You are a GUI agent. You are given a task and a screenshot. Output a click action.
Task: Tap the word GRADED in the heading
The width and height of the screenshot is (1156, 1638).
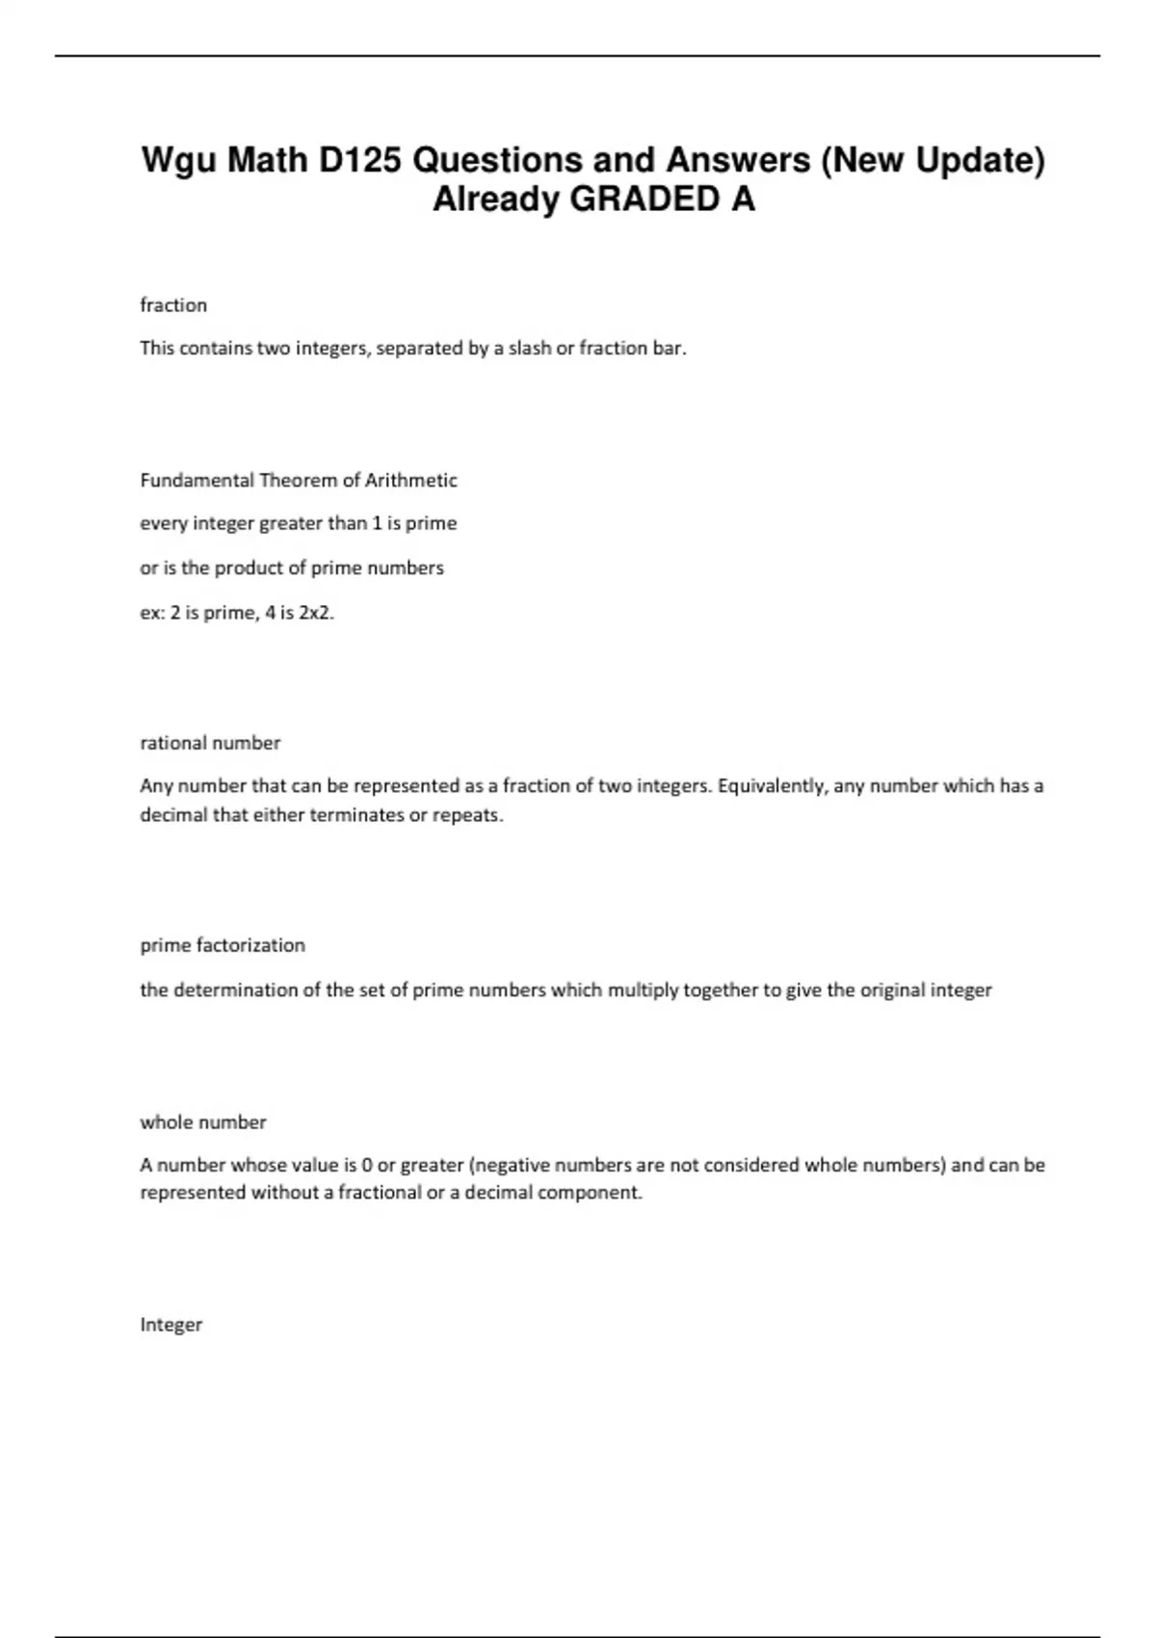(644, 199)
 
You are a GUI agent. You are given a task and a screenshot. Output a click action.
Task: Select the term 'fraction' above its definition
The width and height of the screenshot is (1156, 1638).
(173, 305)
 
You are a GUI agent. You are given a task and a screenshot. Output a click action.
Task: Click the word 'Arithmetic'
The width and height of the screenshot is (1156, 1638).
(410, 480)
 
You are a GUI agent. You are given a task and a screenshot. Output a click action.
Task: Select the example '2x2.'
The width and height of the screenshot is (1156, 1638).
(317, 612)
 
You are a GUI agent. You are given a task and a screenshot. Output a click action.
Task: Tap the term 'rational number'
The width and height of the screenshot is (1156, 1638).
(210, 743)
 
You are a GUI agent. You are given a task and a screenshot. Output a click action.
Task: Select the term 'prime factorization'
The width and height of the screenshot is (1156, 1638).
(223, 945)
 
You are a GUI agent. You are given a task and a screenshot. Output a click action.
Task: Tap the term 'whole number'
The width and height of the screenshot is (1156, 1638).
(203, 1123)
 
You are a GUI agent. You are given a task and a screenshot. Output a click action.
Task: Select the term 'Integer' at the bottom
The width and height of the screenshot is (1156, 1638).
(171, 1325)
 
